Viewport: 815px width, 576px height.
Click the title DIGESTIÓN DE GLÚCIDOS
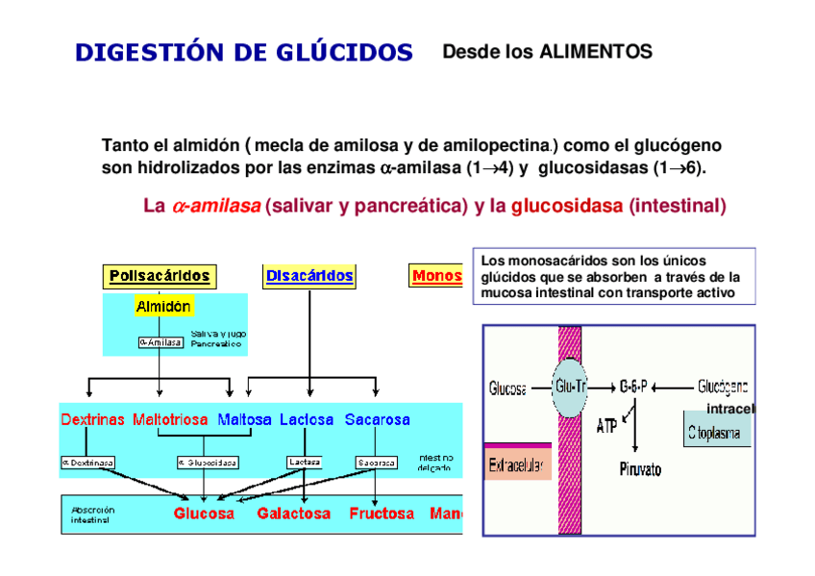tap(244, 53)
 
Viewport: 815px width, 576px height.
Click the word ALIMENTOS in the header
tap(595, 52)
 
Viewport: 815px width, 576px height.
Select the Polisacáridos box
tap(160, 276)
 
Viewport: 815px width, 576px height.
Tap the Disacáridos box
tap(309, 276)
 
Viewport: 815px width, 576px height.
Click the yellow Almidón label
tap(163, 307)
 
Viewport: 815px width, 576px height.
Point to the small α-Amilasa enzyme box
tap(161, 341)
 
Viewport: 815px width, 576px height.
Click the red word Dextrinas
tap(92, 420)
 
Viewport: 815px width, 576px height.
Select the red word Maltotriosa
tap(171, 420)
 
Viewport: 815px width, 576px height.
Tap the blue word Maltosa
tap(245, 420)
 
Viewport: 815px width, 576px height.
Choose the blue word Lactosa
tap(307, 420)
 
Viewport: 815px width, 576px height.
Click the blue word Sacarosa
tap(377, 420)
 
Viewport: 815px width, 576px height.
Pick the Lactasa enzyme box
tap(305, 462)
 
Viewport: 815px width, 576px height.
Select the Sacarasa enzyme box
tap(377, 463)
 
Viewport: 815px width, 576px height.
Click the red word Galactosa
tap(294, 513)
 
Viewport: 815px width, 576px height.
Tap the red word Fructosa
tap(382, 513)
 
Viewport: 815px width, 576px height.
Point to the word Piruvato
tap(639, 470)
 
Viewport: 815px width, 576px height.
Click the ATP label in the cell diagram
tap(606, 425)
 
